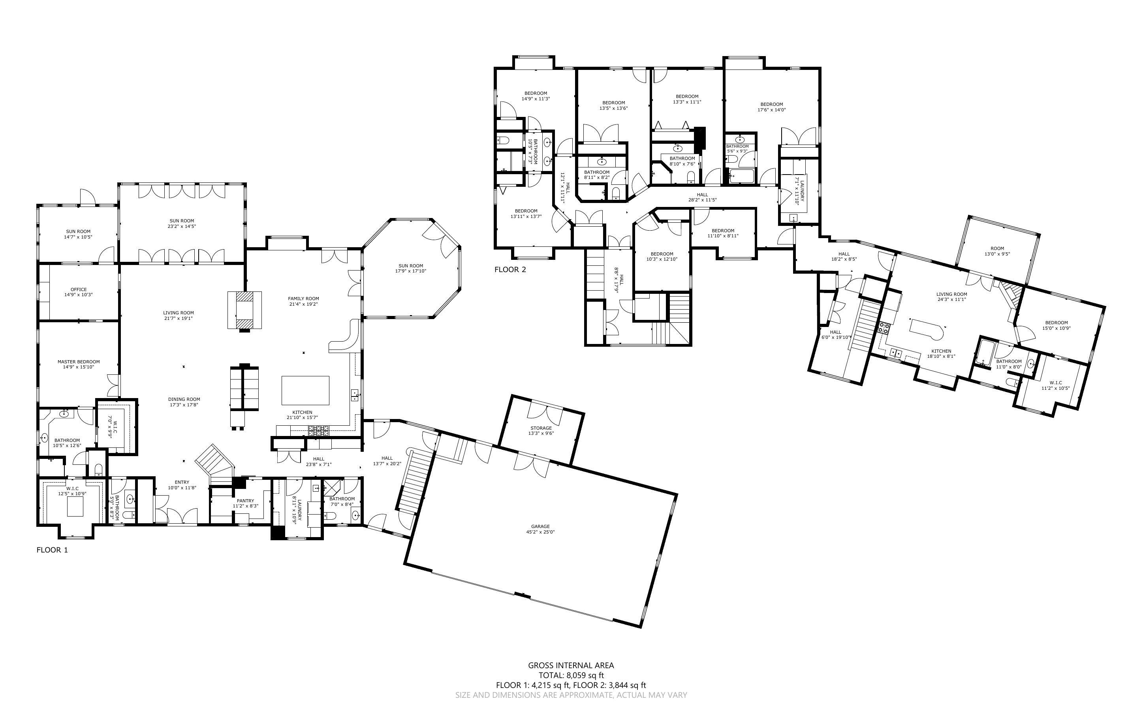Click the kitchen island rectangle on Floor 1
[305, 390]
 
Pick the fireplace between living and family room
[244, 310]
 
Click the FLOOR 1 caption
[52, 550]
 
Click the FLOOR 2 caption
[510, 270]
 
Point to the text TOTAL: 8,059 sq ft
[571, 675]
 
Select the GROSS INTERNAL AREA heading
[571, 665]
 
